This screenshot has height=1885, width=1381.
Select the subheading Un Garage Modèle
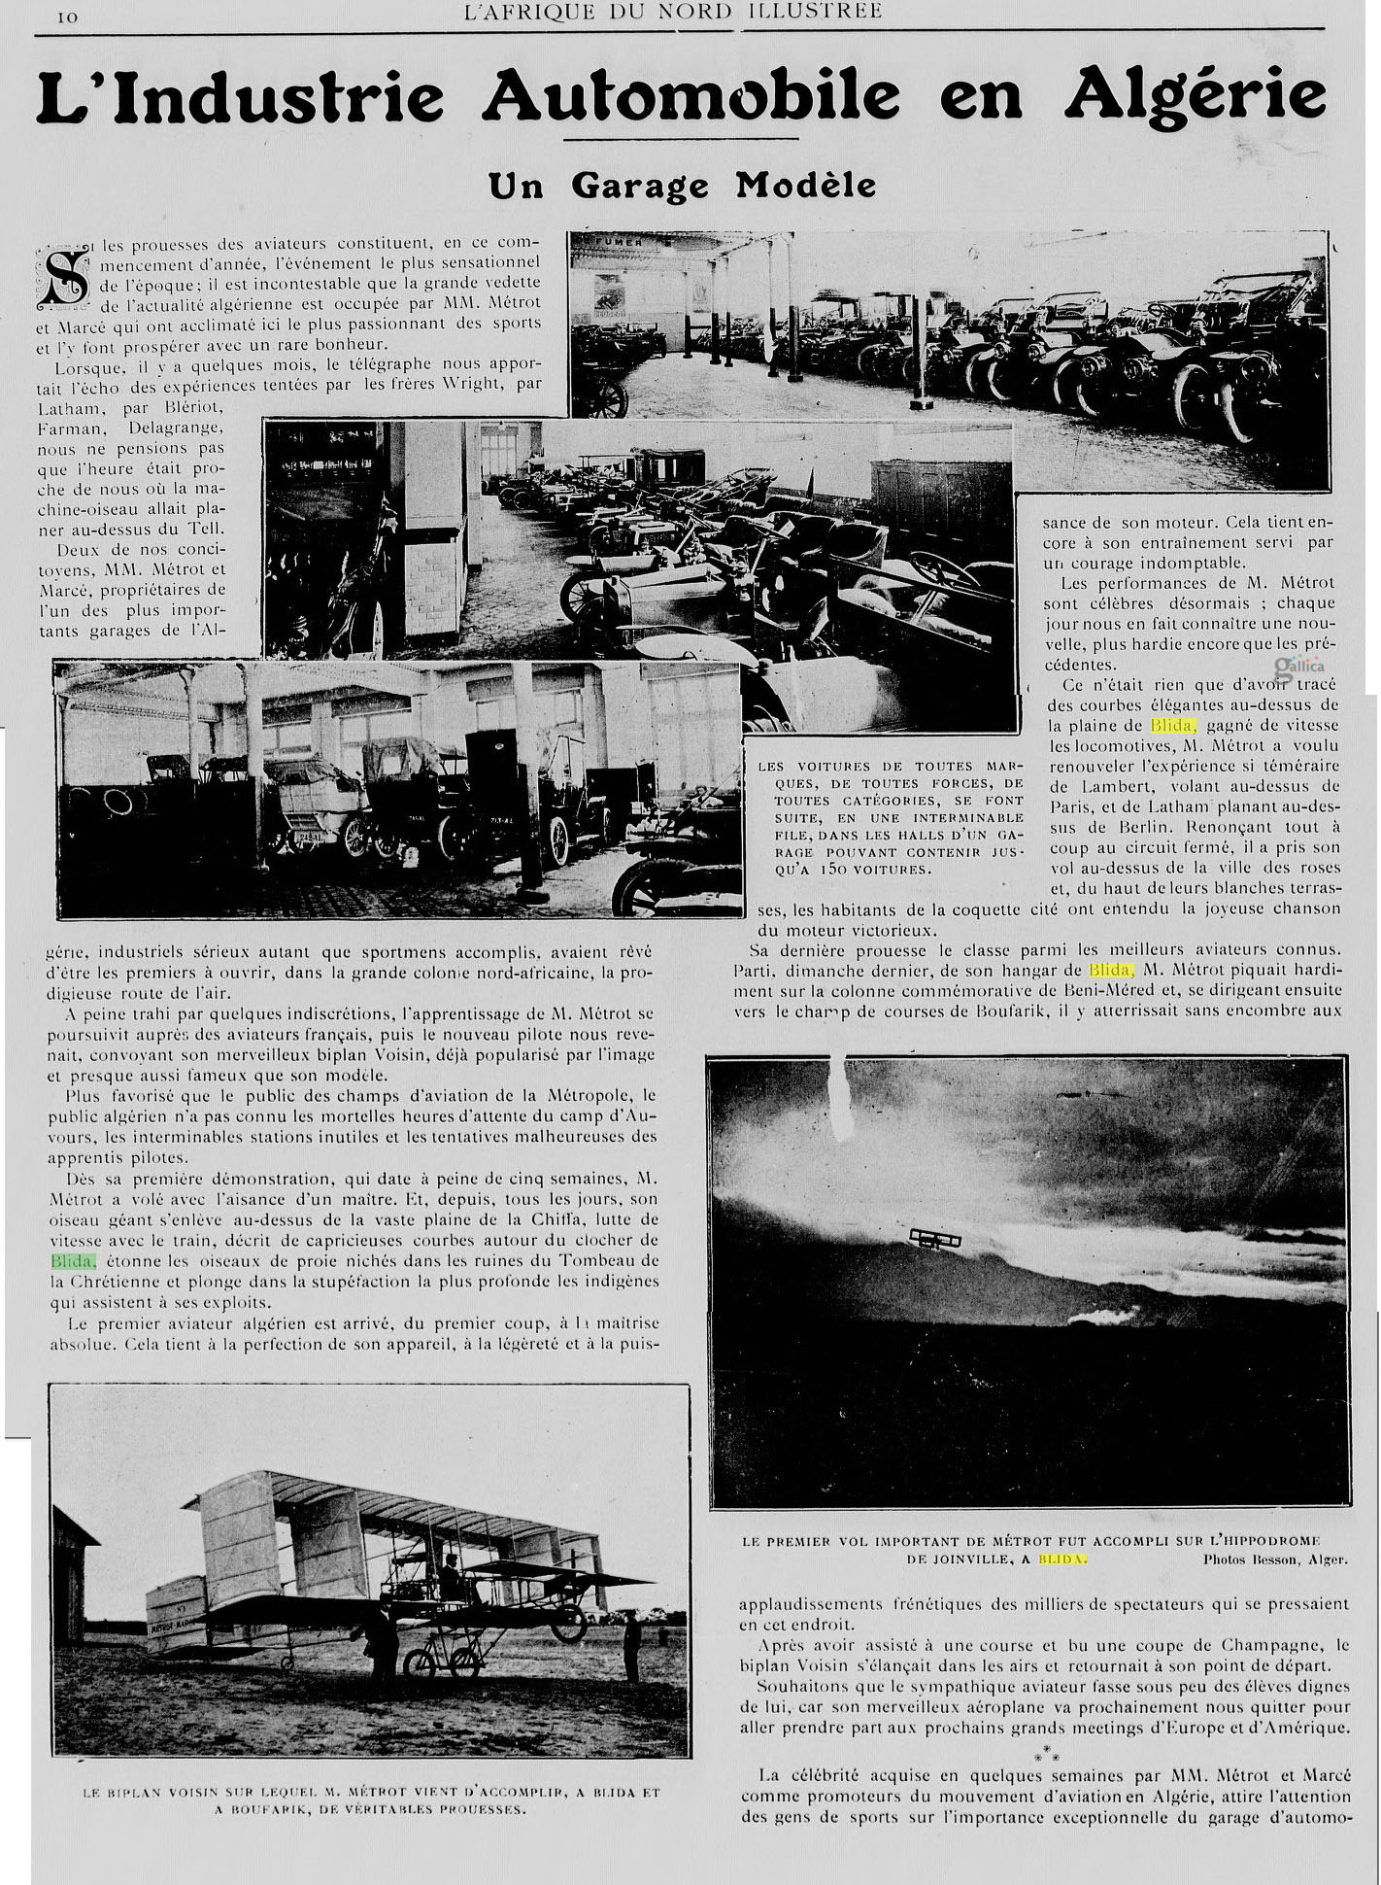tap(683, 185)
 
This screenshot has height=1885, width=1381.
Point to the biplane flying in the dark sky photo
tap(935, 1238)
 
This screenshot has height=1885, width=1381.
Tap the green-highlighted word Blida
tap(74, 1261)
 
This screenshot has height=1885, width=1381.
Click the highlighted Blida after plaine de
tap(1173, 726)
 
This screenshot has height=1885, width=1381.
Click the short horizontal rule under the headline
tap(681, 139)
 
